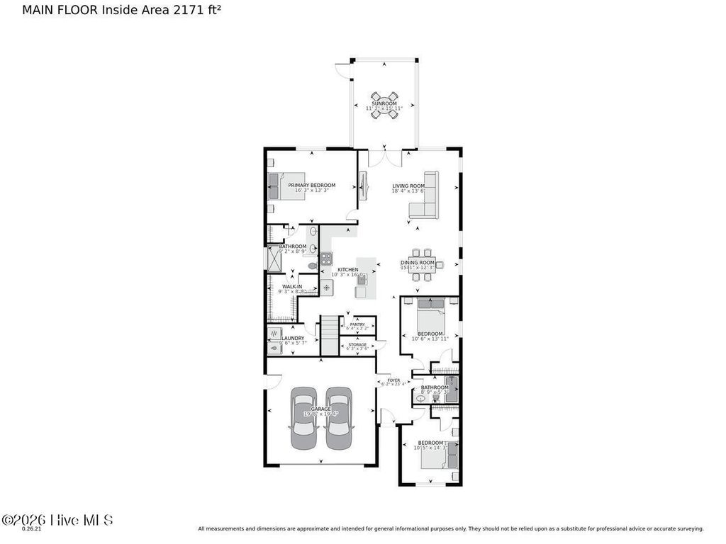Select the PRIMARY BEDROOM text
311,186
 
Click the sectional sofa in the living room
426,198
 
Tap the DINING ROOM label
417,263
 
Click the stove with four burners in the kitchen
326,259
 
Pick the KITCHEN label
347,270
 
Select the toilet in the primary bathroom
312,266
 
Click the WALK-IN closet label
292,287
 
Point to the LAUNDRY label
293,338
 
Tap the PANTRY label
357,324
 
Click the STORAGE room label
357,345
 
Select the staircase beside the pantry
330,336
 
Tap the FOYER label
393,380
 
